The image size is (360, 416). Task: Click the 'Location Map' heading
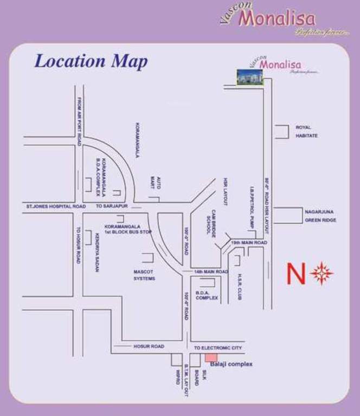pyautogui.click(x=91, y=61)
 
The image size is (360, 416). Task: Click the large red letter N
pyautogui.click(x=295, y=274)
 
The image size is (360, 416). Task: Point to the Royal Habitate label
pyautogui.click(x=307, y=131)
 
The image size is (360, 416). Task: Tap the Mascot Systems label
pyautogui.click(x=144, y=275)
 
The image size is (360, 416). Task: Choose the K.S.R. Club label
pyautogui.click(x=239, y=286)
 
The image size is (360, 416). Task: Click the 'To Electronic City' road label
pyautogui.click(x=218, y=348)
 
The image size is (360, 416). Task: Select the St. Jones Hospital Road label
pyautogui.click(x=56, y=207)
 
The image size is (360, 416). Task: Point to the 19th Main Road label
pyautogui.click(x=249, y=243)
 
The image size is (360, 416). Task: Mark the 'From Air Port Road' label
pyautogui.click(x=79, y=121)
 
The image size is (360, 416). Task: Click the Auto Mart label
pyautogui.click(x=152, y=182)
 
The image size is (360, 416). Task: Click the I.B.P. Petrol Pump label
pyautogui.click(x=252, y=207)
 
